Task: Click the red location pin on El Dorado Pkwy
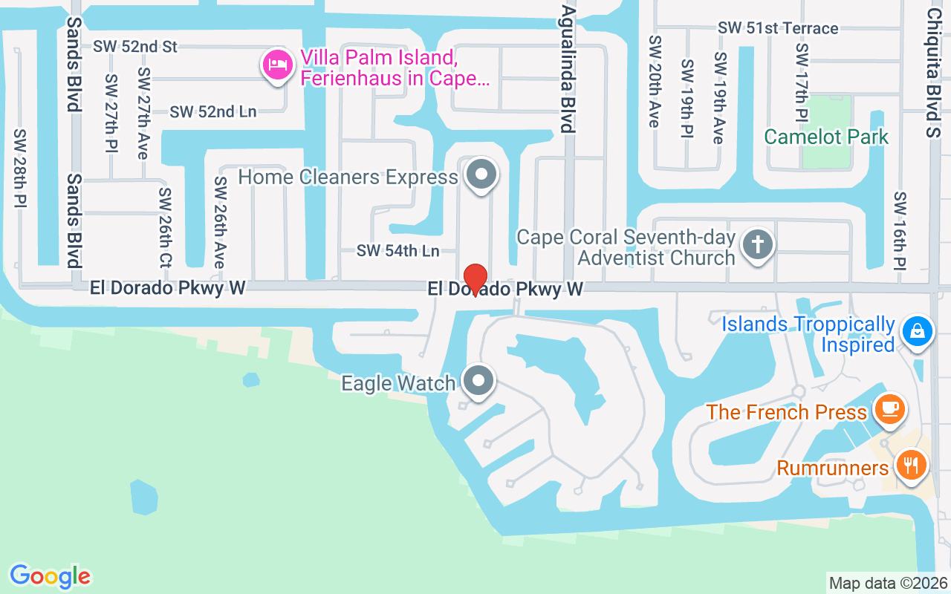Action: [475, 279]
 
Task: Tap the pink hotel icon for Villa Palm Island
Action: [276, 65]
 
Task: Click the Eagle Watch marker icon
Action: [478, 381]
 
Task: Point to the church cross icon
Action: [758, 244]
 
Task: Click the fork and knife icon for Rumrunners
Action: [910, 466]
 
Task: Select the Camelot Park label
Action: [826, 137]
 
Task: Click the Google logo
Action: [51, 576]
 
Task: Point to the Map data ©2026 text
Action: [889, 583]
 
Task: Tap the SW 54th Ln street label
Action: [397, 251]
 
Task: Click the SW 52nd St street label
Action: [135, 47]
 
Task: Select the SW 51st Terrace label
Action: [778, 28]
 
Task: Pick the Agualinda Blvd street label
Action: [568, 69]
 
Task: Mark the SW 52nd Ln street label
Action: [213, 112]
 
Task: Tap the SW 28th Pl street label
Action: [20, 168]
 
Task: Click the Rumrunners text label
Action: [832, 469]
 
